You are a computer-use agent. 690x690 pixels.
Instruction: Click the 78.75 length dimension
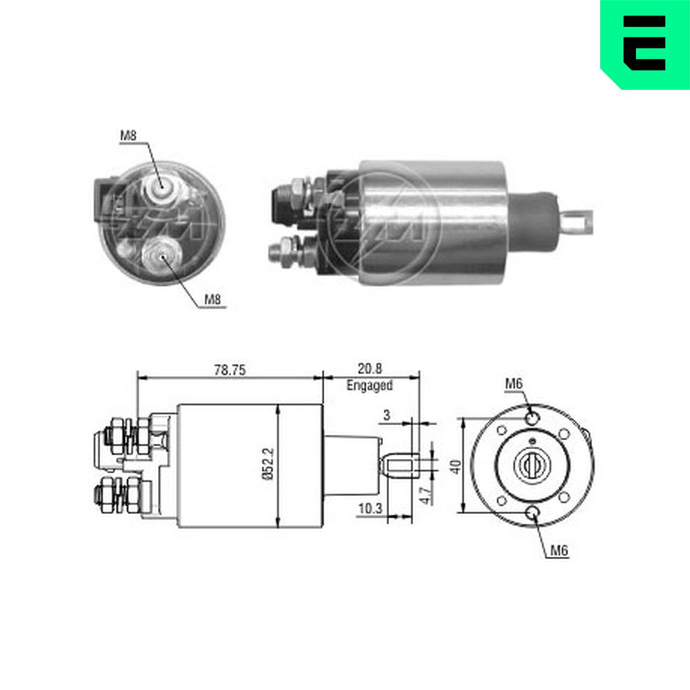tap(230, 370)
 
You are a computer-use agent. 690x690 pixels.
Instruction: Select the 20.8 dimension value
tap(370, 368)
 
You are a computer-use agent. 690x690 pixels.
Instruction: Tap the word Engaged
tap(370, 386)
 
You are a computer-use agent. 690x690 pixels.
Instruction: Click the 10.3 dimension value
tap(370, 509)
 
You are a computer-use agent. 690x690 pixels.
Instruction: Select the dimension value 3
tap(387, 415)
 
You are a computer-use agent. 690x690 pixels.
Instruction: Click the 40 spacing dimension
tap(456, 466)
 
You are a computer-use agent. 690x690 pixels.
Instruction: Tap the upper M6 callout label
tap(514, 384)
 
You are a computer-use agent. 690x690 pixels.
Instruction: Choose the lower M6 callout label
tap(560, 551)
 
